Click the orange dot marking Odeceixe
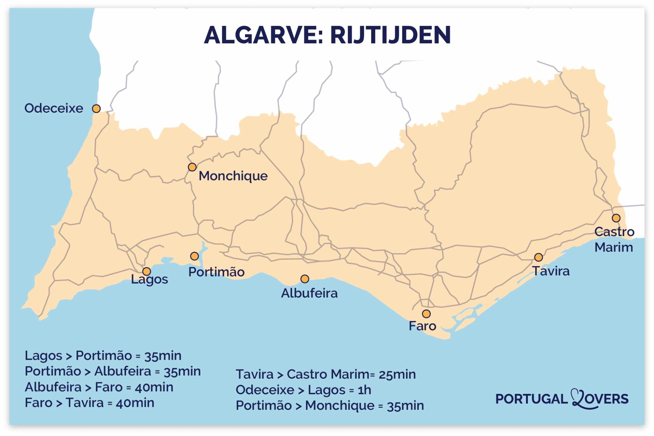96,109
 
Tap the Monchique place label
233,176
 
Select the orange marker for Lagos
147,271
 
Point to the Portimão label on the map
216,272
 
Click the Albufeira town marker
305,279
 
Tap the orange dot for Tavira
538,257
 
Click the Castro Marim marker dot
616,218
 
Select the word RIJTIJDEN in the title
390,35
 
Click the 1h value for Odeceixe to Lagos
364,390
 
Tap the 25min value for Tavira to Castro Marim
397,374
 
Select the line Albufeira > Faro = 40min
99,387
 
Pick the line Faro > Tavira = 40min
89,403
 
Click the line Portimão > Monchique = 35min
330,406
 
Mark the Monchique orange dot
192,167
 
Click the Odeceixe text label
54,108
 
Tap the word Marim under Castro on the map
613,248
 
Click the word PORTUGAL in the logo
531,399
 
